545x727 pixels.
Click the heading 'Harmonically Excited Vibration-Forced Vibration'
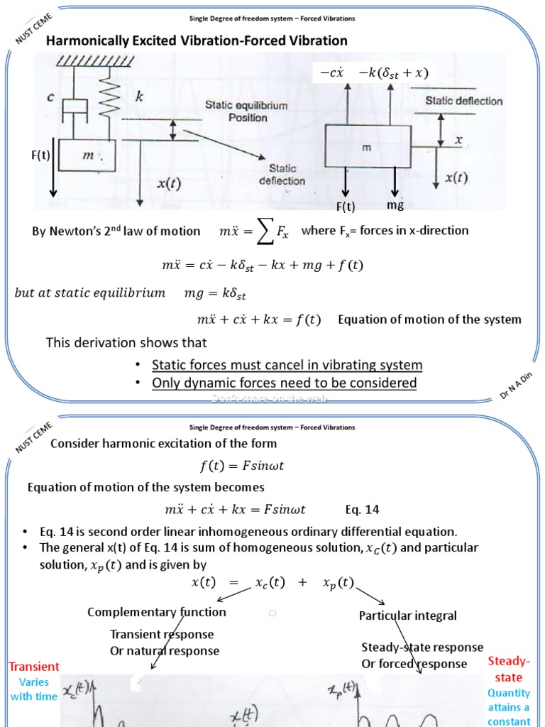[197, 40]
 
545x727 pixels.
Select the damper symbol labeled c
[73, 107]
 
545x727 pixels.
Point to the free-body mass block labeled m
[367, 147]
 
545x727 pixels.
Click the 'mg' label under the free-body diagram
[395, 205]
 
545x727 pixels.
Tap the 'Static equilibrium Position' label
[247, 111]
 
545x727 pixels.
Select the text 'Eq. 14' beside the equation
[363, 510]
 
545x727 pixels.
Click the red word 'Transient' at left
[34, 667]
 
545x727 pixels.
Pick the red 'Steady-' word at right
[509, 661]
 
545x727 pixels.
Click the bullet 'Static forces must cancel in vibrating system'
[287, 365]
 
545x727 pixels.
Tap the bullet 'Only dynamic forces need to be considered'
[284, 383]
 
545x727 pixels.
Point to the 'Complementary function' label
[157, 612]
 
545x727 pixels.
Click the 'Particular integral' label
[408, 616]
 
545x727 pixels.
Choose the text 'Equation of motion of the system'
[429, 319]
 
